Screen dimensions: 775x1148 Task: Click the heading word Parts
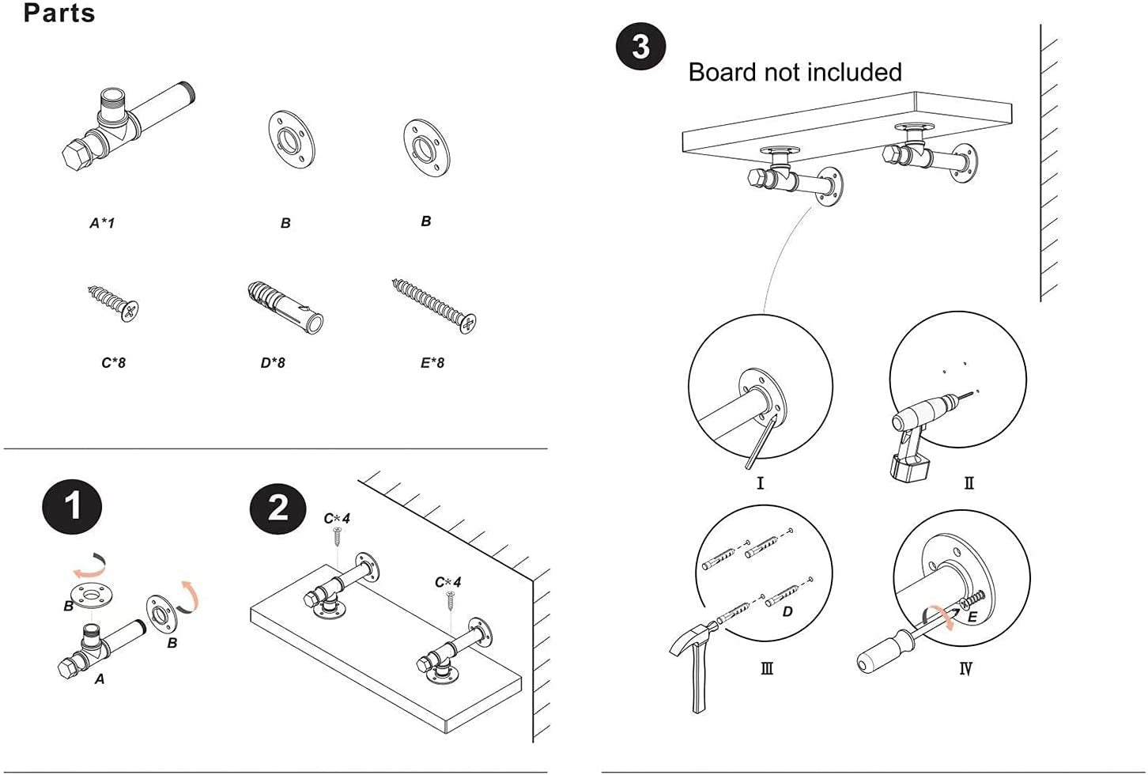(x=59, y=13)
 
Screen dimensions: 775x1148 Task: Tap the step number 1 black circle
(x=72, y=505)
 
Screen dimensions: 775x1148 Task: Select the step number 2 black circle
(x=278, y=507)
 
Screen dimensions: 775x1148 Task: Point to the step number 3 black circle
(x=640, y=46)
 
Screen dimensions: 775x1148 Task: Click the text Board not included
(x=795, y=72)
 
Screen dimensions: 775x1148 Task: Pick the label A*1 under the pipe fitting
(x=102, y=223)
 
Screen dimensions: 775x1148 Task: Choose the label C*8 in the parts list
(x=113, y=363)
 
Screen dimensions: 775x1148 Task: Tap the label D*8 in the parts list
(x=273, y=363)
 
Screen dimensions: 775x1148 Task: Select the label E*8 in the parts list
(x=432, y=363)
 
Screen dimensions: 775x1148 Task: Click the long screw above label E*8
(x=434, y=306)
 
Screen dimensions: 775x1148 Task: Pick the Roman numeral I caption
(x=761, y=482)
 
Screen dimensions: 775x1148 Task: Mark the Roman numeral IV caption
(x=965, y=669)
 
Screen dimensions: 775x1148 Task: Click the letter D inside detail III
(x=787, y=611)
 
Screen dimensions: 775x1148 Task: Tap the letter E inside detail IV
(x=972, y=617)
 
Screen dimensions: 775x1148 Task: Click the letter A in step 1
(x=100, y=679)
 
